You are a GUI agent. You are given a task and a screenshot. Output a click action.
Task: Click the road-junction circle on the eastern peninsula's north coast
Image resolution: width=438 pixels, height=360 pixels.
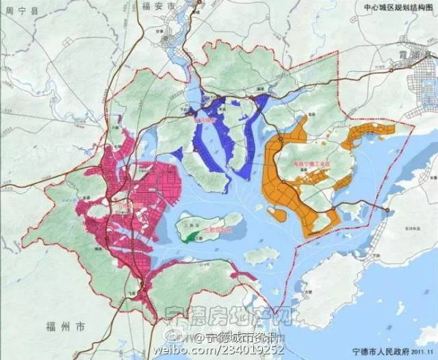(x=387, y=209)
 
